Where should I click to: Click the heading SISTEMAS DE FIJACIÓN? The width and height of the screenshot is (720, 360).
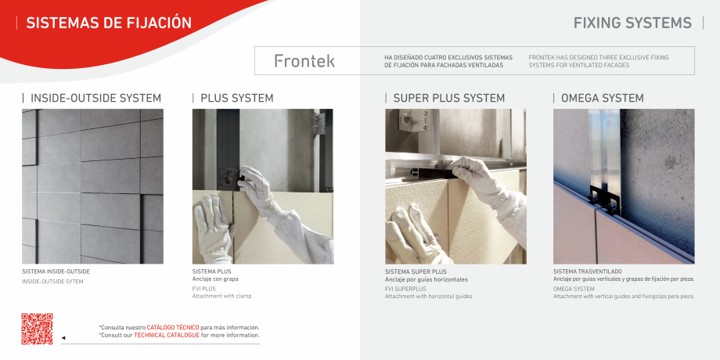click(109, 23)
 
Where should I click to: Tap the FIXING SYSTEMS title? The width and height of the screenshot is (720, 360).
click(632, 23)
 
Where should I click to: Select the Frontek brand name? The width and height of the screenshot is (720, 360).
click(304, 61)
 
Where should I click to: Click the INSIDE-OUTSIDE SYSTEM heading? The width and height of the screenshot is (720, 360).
click(95, 98)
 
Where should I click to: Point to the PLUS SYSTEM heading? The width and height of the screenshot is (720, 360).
click(236, 98)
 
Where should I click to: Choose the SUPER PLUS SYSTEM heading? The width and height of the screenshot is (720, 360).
click(448, 98)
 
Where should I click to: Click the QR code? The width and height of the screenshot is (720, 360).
click(37, 329)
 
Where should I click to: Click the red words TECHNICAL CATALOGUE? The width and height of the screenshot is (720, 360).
click(166, 335)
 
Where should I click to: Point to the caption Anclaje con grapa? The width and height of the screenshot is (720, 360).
click(215, 279)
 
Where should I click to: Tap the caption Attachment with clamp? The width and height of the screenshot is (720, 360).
click(222, 296)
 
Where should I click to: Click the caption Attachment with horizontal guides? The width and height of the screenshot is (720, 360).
click(428, 296)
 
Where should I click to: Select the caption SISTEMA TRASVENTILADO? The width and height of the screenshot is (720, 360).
click(587, 272)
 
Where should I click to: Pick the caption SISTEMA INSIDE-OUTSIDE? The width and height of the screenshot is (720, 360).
click(56, 272)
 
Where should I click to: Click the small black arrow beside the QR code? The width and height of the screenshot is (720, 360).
click(63, 338)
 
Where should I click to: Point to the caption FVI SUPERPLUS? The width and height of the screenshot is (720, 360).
click(405, 289)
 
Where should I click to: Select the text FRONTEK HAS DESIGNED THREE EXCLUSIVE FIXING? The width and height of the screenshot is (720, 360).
click(599, 57)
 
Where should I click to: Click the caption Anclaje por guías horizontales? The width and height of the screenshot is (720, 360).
click(427, 279)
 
